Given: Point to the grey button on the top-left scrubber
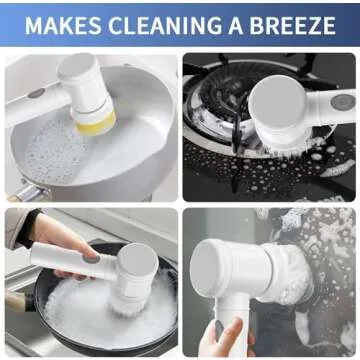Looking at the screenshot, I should coord(36,93).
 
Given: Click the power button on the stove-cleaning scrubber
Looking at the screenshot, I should coord(340,100).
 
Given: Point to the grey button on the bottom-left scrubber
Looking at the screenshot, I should coord(92,257).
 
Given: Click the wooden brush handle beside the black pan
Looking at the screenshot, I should coord(14,300).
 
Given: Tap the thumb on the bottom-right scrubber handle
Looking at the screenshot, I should coord(219,329).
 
